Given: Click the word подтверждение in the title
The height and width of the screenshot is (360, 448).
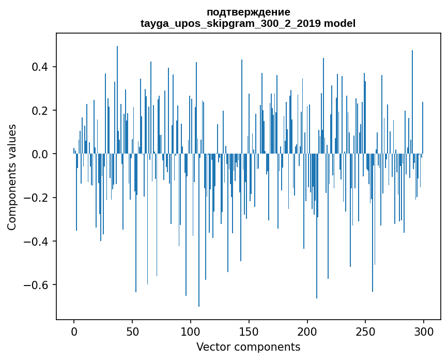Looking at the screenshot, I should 248,12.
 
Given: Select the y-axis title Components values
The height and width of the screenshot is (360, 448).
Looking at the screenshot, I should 12,177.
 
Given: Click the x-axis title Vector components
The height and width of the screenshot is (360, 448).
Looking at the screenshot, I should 248,347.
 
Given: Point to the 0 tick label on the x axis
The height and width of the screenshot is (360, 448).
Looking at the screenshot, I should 74,331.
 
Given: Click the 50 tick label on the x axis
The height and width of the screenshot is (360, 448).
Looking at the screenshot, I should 132,331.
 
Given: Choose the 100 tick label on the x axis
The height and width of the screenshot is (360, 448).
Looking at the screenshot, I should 191,331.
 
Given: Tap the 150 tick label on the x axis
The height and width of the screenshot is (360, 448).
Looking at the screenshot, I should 249,331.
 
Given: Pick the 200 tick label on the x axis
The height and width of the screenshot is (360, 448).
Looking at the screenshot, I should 307,331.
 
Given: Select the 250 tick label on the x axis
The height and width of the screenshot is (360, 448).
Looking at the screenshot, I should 365,331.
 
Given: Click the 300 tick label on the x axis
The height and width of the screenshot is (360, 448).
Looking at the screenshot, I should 424,331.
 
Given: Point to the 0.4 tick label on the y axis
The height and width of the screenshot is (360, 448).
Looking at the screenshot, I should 41,67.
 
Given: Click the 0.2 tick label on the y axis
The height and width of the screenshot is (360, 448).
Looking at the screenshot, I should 41,111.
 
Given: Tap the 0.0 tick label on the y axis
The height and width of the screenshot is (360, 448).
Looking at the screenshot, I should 41,154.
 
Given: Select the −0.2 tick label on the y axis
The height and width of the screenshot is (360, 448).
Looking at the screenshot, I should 38,198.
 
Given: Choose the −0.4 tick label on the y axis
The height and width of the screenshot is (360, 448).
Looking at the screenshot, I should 38,242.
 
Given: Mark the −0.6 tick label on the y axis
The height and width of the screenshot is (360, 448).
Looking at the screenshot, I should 38,285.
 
